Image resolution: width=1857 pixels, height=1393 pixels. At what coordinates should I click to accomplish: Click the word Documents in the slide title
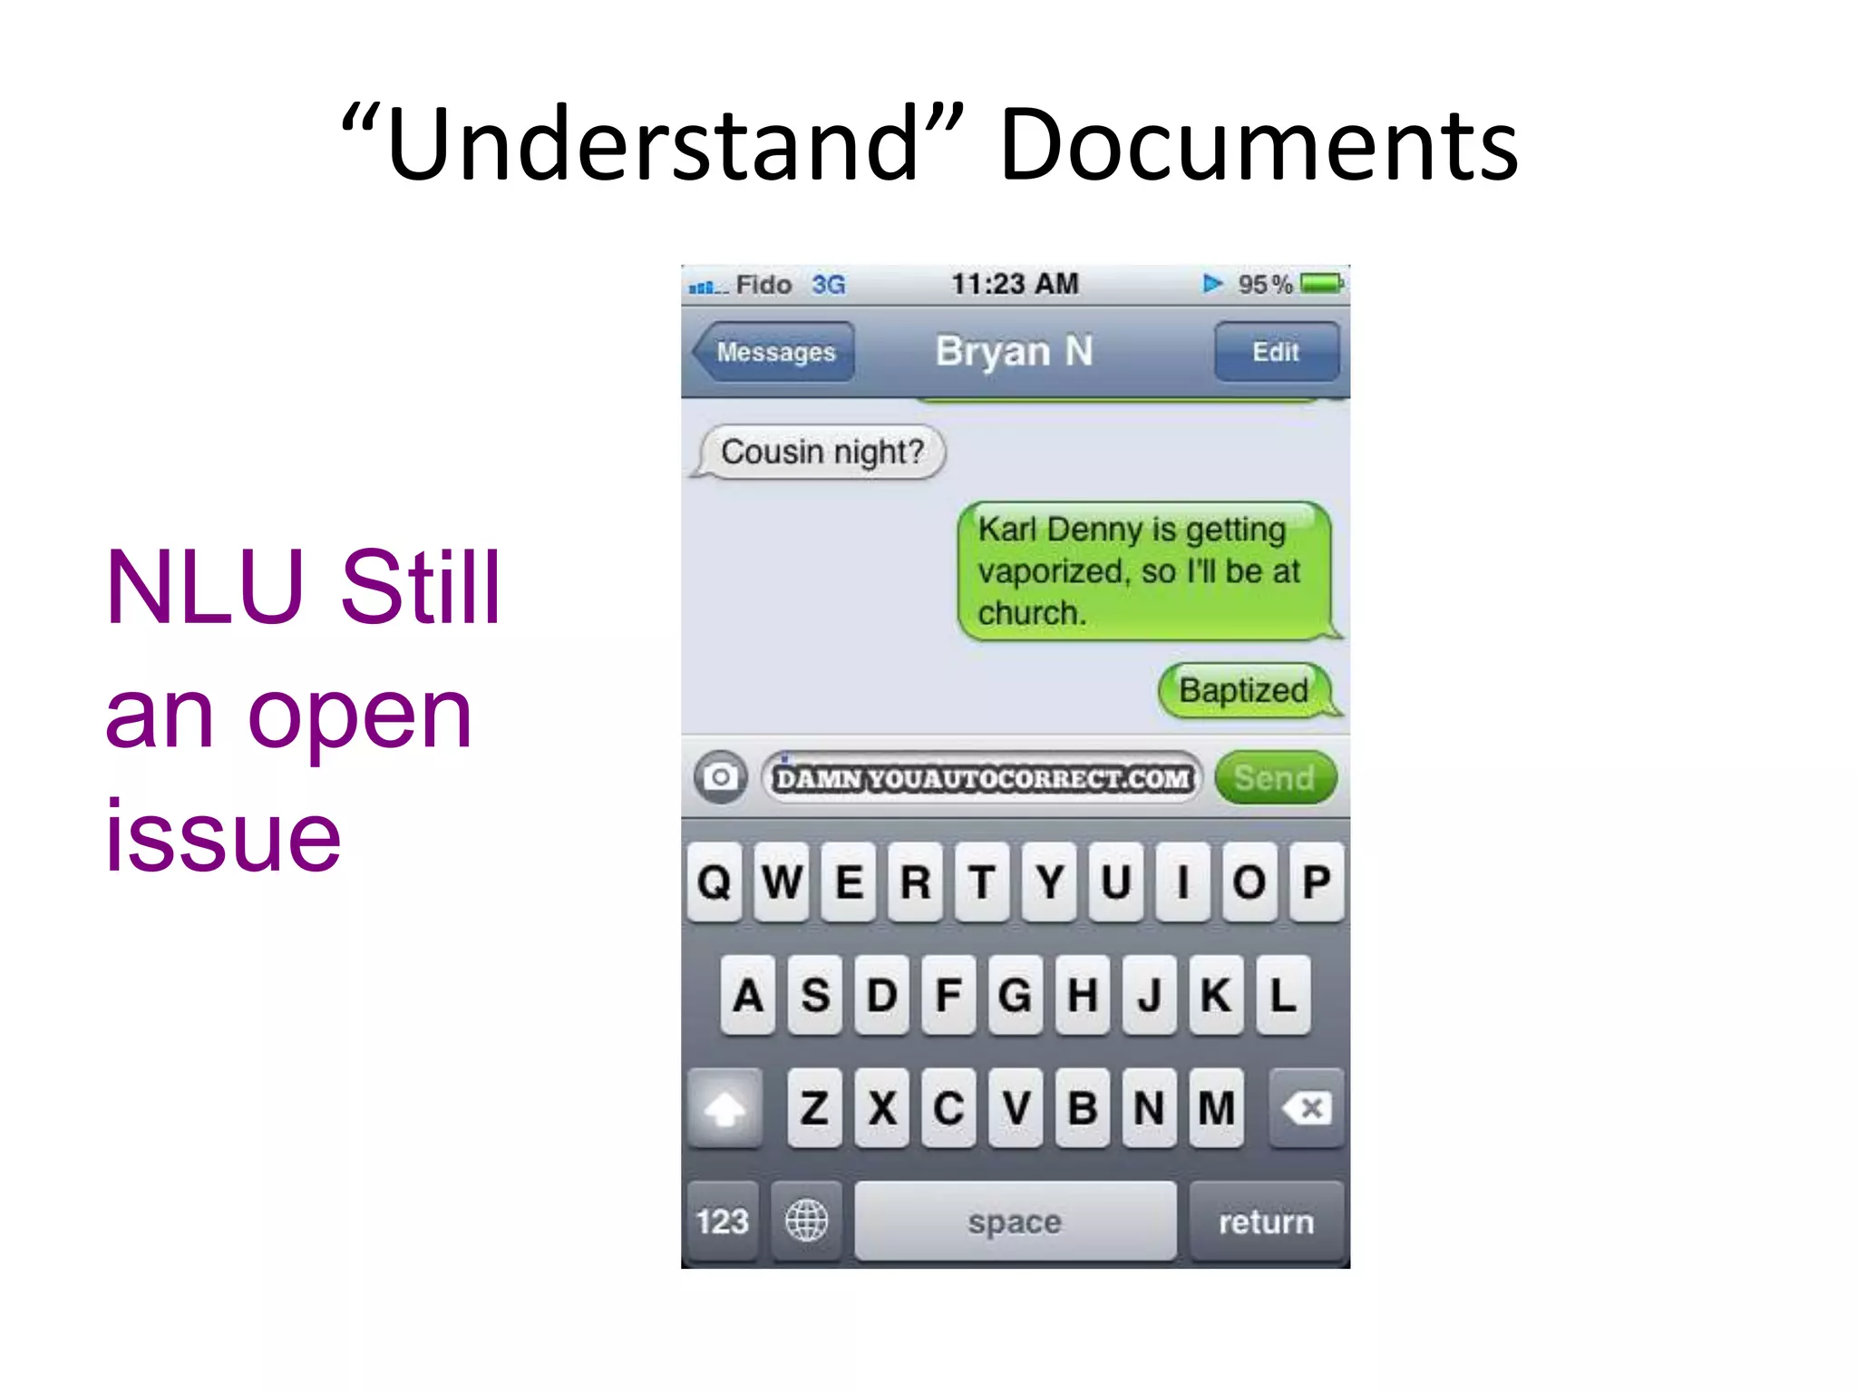coord(1258,145)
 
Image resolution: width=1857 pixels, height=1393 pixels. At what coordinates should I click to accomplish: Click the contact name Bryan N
coord(1014,351)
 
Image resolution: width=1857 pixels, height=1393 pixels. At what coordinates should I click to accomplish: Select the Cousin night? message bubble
coord(822,452)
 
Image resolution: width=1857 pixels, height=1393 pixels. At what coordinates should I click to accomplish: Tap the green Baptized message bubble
coord(1244,690)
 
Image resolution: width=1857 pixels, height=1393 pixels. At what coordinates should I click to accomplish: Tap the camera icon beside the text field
coord(721,777)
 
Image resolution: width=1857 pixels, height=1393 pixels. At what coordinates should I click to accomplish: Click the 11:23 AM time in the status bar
coord(1014,284)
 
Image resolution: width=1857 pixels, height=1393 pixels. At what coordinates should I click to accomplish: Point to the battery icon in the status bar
coord(1320,284)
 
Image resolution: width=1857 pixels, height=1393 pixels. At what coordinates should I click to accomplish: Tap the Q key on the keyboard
coord(715,882)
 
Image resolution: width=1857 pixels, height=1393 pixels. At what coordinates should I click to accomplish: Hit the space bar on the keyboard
coord(1014,1222)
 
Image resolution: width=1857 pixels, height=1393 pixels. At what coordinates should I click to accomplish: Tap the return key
coord(1266,1222)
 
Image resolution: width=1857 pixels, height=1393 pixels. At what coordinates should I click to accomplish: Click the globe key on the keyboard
coord(806,1221)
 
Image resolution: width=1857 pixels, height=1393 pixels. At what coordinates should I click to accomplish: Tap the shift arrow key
coord(724,1108)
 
